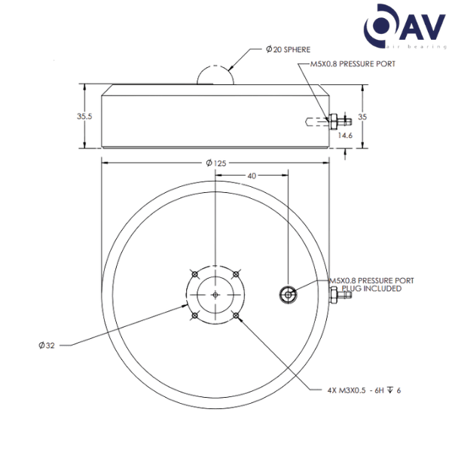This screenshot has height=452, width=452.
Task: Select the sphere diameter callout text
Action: coord(286,49)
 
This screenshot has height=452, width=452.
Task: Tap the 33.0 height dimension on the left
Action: coord(84,116)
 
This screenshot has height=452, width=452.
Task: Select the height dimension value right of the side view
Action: coord(362,116)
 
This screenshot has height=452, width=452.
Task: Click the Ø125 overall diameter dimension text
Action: coord(215,162)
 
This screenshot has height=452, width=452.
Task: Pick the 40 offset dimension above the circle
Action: coord(252,176)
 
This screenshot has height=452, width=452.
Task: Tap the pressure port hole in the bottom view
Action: coord(287,294)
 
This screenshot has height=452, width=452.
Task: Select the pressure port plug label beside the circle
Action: coord(372,284)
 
